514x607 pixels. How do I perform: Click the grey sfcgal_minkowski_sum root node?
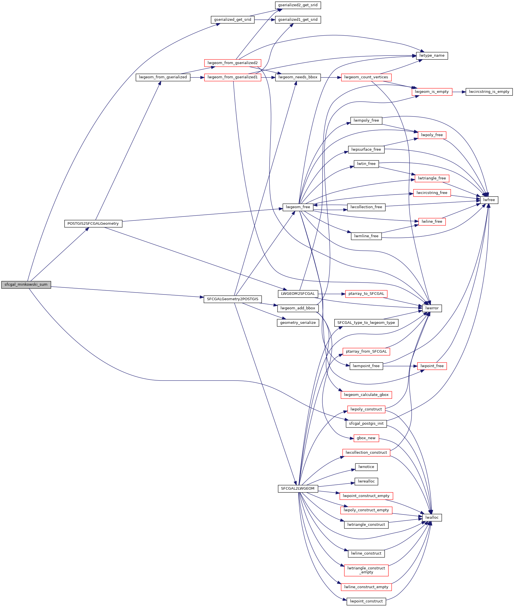point(26,285)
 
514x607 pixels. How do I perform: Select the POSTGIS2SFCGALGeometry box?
point(93,224)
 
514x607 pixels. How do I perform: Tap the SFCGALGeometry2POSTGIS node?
point(233,299)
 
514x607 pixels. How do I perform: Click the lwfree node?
point(489,200)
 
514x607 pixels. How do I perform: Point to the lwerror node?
point(432,308)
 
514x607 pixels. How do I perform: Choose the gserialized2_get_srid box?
point(298,5)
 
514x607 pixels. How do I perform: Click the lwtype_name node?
point(432,56)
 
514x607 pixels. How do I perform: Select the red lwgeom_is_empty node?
point(432,92)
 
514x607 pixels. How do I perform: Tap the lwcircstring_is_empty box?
point(489,92)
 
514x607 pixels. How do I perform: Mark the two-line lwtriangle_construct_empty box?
point(366,570)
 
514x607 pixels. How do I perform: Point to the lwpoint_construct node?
point(366,602)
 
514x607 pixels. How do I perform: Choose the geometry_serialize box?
point(298,323)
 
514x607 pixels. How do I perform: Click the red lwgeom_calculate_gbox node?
point(366,395)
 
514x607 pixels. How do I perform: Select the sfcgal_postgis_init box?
point(366,424)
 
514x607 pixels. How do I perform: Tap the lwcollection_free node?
point(366,207)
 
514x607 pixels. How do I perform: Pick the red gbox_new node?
point(366,438)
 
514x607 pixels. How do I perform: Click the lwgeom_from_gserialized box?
point(163,77)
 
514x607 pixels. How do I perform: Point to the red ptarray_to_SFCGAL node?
point(366,294)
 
